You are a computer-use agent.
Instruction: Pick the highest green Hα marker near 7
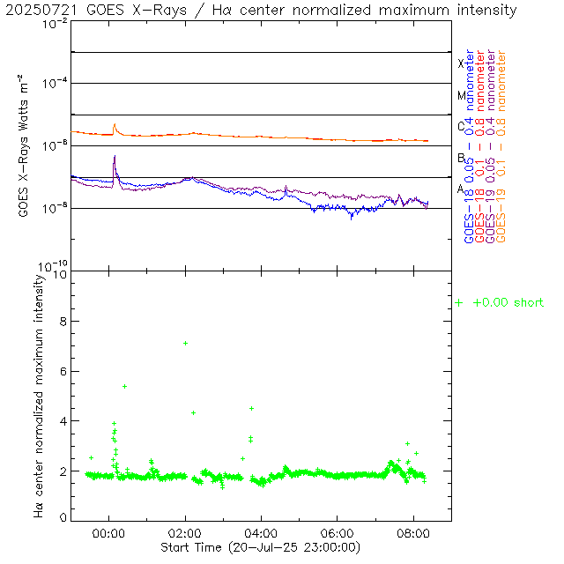185,343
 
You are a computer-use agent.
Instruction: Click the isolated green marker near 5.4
124,386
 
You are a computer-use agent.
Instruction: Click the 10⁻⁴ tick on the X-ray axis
52,83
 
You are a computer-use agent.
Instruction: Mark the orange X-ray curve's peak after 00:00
115,124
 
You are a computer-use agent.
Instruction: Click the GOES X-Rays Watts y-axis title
26,146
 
